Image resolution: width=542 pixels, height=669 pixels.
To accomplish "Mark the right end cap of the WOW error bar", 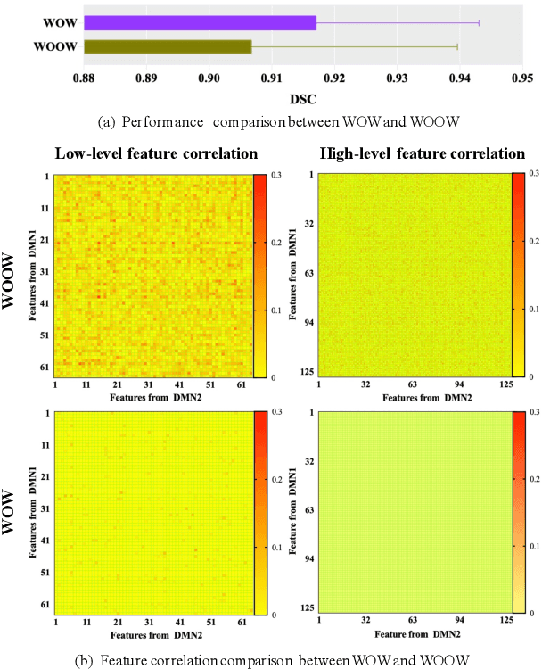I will tap(479, 23).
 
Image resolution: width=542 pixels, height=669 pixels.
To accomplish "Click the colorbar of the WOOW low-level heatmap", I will tap(259, 275).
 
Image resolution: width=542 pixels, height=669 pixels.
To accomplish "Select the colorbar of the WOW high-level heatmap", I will tap(519, 512).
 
